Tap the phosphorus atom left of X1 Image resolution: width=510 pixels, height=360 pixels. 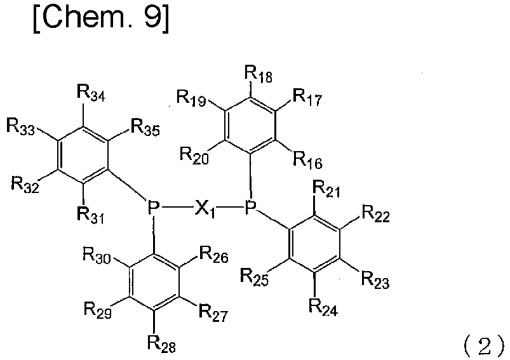point(153,207)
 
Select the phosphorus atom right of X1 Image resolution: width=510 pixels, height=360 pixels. point(251,207)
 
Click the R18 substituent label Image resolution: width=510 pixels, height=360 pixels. point(258,75)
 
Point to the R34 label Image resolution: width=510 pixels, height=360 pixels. point(91,94)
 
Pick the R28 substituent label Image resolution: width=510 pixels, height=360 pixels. point(161,343)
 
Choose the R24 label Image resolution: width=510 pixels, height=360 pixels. point(323,307)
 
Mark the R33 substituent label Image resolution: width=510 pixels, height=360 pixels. point(20,127)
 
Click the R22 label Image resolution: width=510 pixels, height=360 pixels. point(375,214)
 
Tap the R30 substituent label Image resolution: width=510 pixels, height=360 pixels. point(97,255)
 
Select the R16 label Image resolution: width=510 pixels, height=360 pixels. point(307,160)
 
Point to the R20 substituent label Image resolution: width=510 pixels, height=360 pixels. point(194,156)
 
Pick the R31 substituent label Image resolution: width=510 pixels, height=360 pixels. point(90,215)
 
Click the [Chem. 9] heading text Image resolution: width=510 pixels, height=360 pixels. point(101,18)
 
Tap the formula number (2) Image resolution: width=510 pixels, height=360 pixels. point(484,347)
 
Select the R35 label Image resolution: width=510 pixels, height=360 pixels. point(145,127)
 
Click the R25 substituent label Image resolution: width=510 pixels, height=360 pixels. point(254,277)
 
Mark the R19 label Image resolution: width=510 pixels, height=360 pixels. point(191,98)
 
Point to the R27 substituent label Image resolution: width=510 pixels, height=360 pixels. point(213,312)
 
